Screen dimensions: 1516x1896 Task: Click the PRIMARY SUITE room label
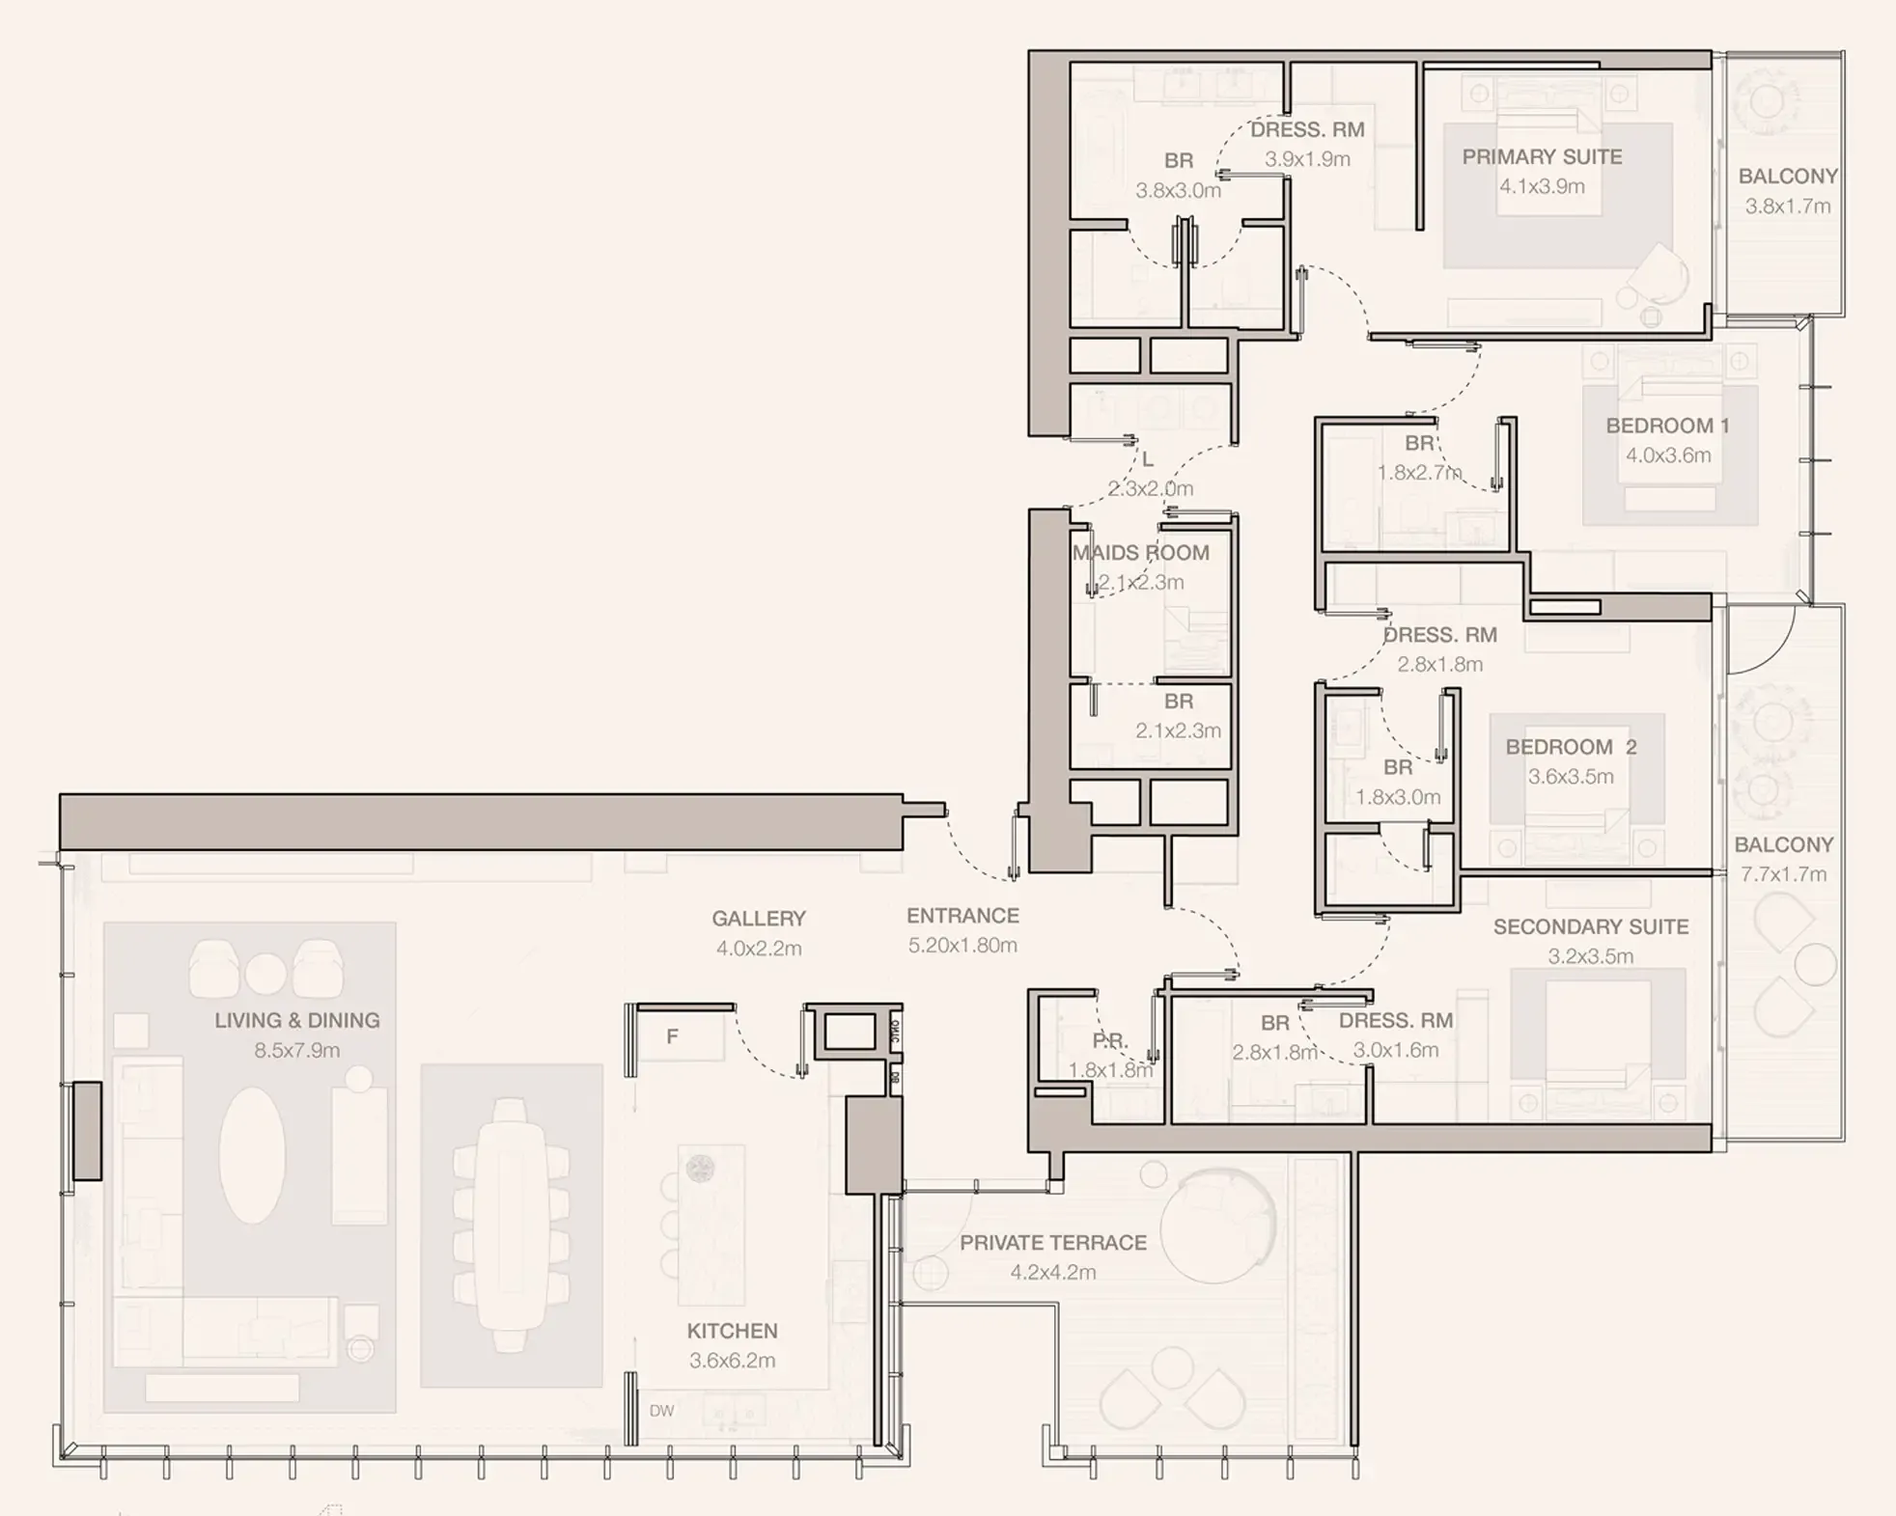[1542, 157]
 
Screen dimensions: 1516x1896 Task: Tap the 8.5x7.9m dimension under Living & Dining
[296, 1051]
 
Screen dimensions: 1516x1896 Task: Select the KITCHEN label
[732, 1332]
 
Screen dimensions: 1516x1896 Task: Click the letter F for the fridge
[673, 1036]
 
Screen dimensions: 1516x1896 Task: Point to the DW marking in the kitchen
[661, 1411]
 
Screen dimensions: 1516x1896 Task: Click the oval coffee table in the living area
[252, 1155]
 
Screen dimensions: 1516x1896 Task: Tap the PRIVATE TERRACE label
[1053, 1243]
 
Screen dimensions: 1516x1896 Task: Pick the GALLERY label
[759, 919]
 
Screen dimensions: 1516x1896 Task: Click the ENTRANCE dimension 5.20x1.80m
[962, 946]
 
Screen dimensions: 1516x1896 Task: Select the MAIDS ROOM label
[1140, 553]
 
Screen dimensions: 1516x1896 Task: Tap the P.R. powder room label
[1109, 1041]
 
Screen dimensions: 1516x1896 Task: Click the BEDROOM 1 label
[1667, 426]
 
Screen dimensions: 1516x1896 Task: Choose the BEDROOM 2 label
[1571, 747]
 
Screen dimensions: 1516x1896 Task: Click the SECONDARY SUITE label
[1590, 927]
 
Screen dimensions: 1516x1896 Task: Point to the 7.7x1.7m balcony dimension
[1783, 875]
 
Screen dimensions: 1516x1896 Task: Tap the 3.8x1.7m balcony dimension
[1787, 207]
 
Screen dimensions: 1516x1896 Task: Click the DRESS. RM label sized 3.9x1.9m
[1307, 130]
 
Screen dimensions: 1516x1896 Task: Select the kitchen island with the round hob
[711, 1224]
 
